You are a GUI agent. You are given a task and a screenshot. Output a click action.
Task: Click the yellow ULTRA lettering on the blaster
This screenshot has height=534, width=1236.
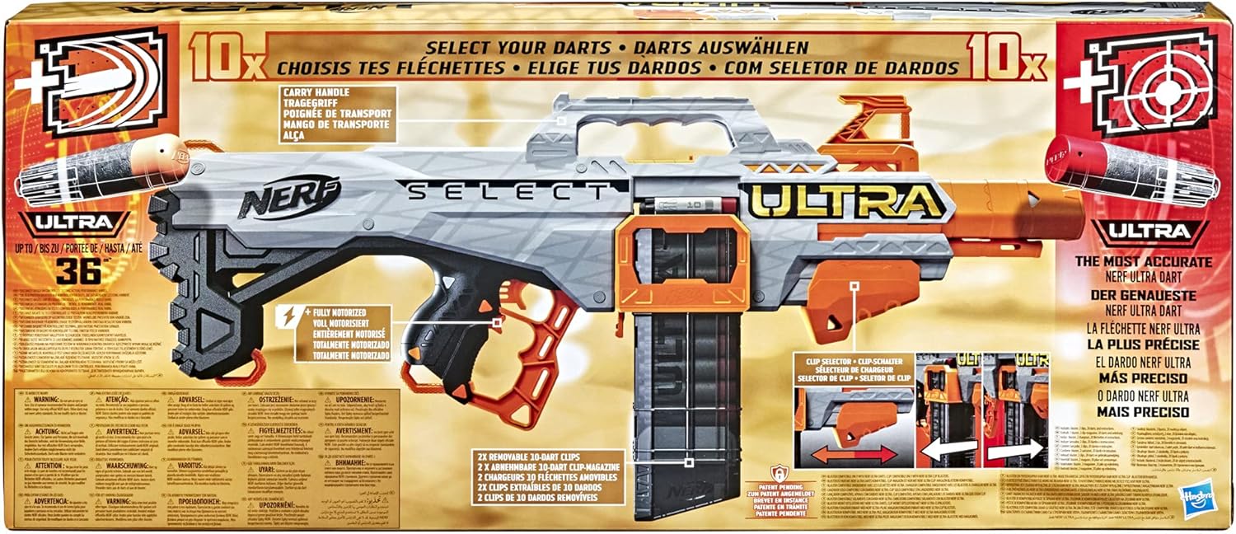tap(845, 201)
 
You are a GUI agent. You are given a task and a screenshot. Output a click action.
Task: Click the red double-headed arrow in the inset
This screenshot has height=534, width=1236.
tap(846, 454)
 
